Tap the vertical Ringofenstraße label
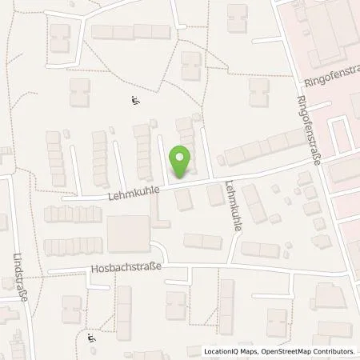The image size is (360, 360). (x=308, y=128)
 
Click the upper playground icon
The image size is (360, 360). (x=134, y=100)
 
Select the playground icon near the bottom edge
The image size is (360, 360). (x=90, y=340)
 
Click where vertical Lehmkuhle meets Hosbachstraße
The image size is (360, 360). (x=230, y=265)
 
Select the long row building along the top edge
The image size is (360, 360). (x=130, y=32)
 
